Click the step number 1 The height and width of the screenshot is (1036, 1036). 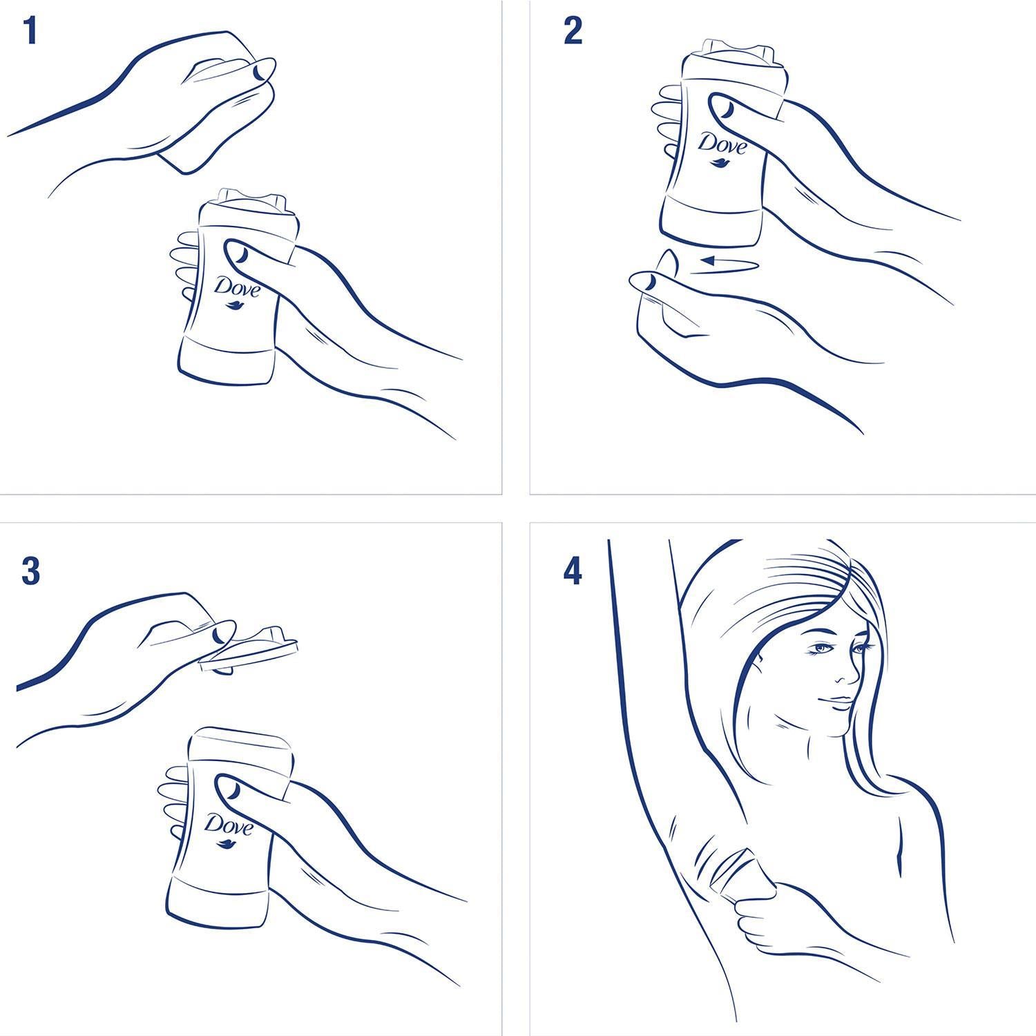point(29,31)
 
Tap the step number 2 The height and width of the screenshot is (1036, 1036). point(573,31)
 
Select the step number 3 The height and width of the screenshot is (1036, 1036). point(30,572)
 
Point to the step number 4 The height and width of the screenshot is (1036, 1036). point(573,572)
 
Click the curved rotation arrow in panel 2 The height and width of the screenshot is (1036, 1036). point(725,265)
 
